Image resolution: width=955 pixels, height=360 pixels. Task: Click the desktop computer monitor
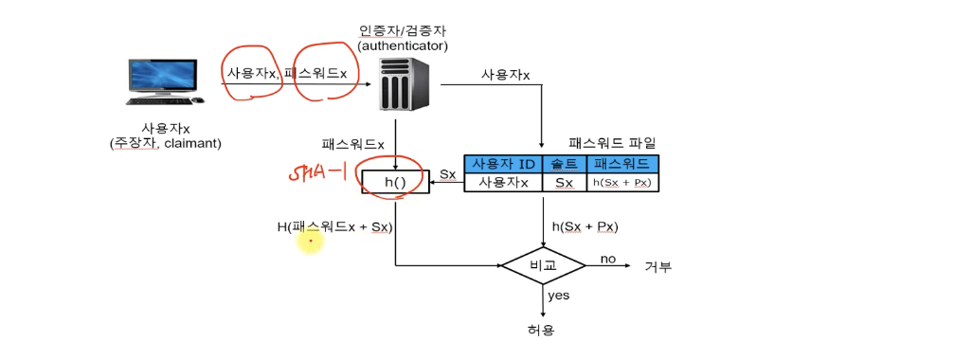[163, 78]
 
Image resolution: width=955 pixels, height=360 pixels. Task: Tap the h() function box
[395, 182]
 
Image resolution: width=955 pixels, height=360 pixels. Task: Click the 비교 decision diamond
[543, 265]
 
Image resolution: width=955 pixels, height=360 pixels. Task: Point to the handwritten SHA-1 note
[316, 172]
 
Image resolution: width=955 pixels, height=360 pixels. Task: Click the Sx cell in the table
[565, 183]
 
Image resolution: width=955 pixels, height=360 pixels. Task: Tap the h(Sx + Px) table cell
[622, 183]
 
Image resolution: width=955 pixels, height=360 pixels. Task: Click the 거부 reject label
[658, 266]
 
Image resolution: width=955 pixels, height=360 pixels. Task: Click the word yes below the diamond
[558, 296]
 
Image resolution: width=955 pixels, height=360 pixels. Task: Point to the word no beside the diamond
[608, 259]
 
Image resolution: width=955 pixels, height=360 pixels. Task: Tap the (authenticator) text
[404, 45]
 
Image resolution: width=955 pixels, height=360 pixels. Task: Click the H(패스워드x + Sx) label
[334, 227]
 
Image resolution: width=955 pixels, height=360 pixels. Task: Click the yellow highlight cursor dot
[310, 242]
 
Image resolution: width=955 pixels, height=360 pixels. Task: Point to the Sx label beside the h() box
[447, 175]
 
